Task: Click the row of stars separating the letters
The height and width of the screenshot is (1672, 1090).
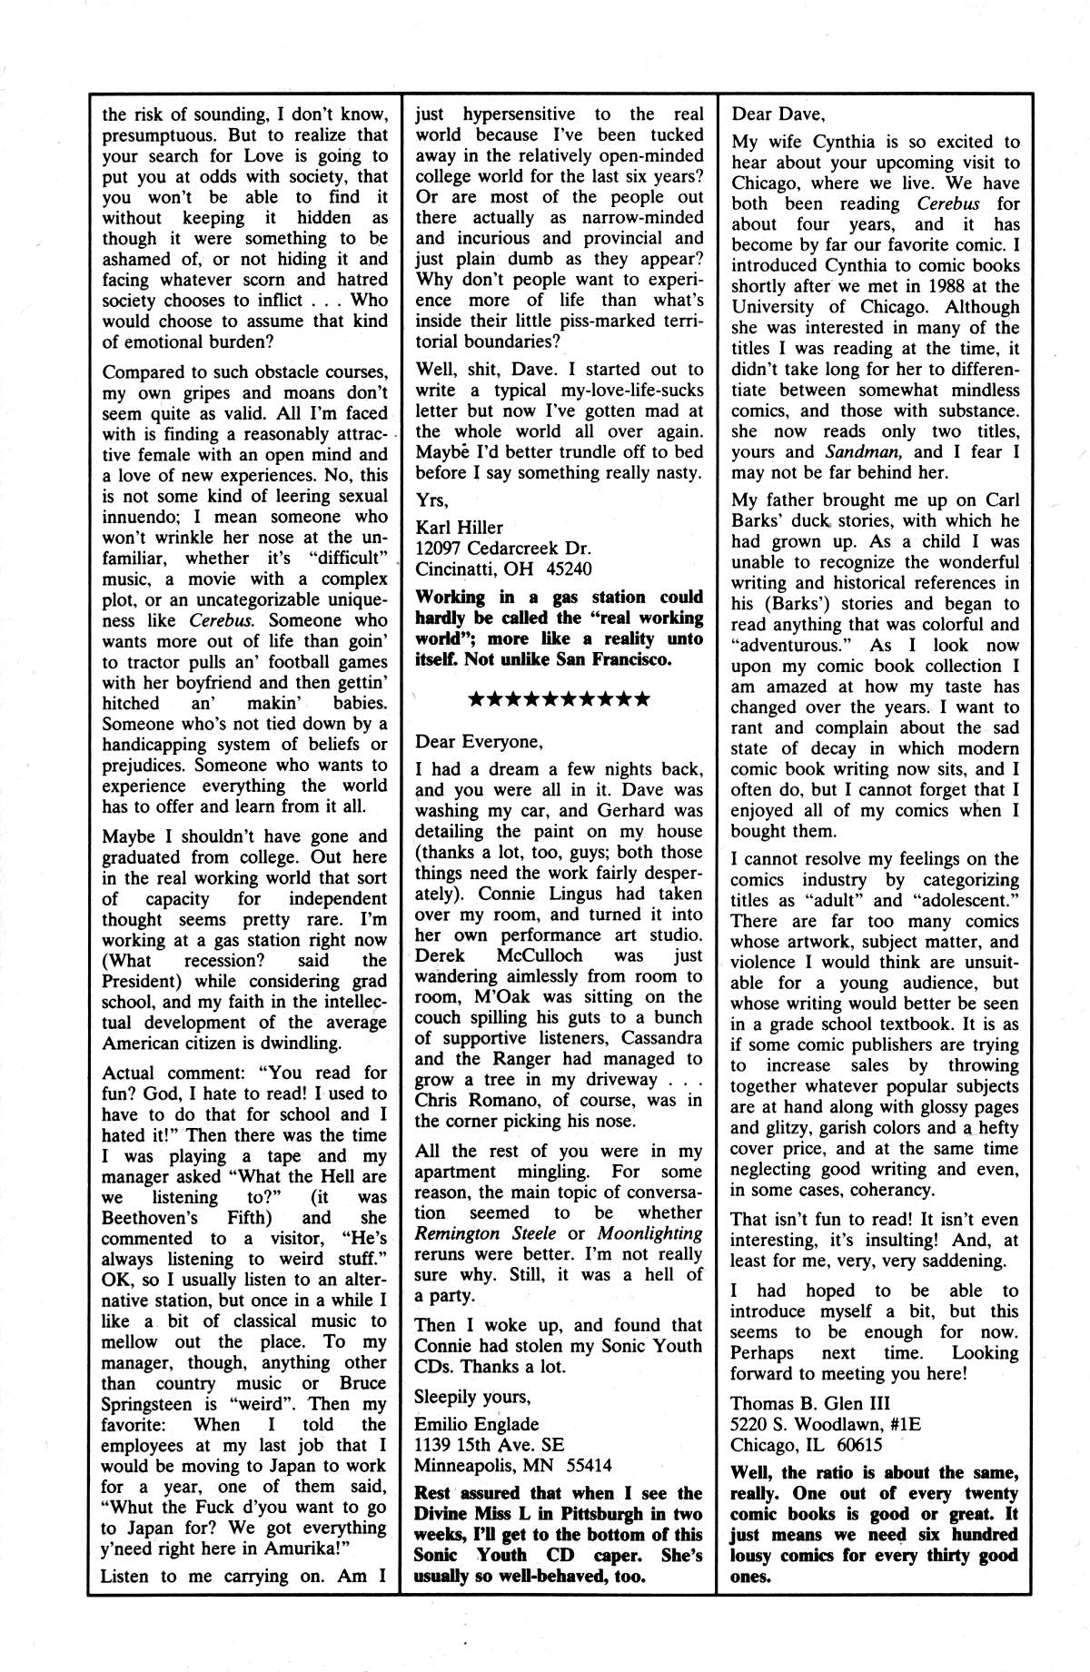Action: [x=558, y=699]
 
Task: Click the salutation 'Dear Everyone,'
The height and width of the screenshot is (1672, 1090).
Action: [x=478, y=740]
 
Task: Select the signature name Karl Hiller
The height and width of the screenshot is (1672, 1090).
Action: [x=459, y=528]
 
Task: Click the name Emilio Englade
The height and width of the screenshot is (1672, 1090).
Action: [x=477, y=1423]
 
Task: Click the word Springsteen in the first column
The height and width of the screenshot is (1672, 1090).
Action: [x=150, y=1404]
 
